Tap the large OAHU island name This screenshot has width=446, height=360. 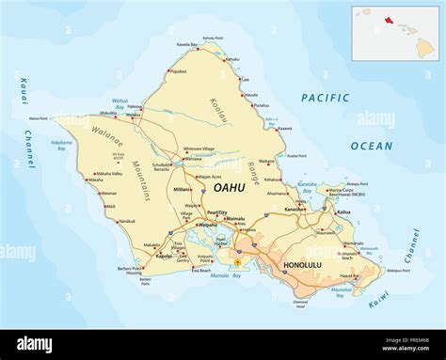click(230, 188)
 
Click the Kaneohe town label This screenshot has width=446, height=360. click(296, 209)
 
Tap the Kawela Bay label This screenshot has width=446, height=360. click(188, 44)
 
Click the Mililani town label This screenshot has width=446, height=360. click(183, 188)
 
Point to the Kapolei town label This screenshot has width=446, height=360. click(163, 255)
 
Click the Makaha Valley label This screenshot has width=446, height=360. click(109, 173)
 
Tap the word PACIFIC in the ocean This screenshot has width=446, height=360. click(326, 98)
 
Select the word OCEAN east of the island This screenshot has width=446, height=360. click(372, 146)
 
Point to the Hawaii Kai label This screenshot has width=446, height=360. click(348, 276)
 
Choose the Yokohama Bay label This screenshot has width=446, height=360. click(62, 144)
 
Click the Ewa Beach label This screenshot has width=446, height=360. click(200, 271)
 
